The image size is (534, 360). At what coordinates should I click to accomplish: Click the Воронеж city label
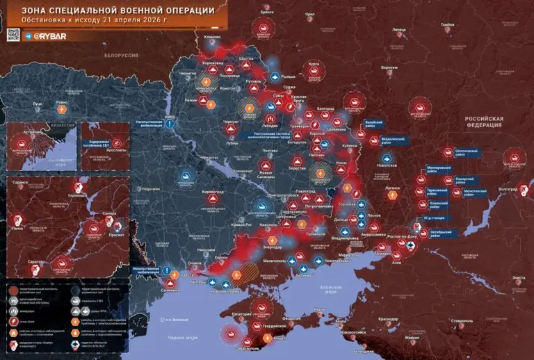pyautogui.click(x=389, y=67)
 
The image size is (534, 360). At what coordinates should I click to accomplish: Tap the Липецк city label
pyautogui.click(x=398, y=30)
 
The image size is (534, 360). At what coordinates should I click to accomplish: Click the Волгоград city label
pyautogui.click(x=508, y=188)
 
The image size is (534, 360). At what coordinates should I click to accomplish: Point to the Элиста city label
pyautogui.click(x=519, y=277)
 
